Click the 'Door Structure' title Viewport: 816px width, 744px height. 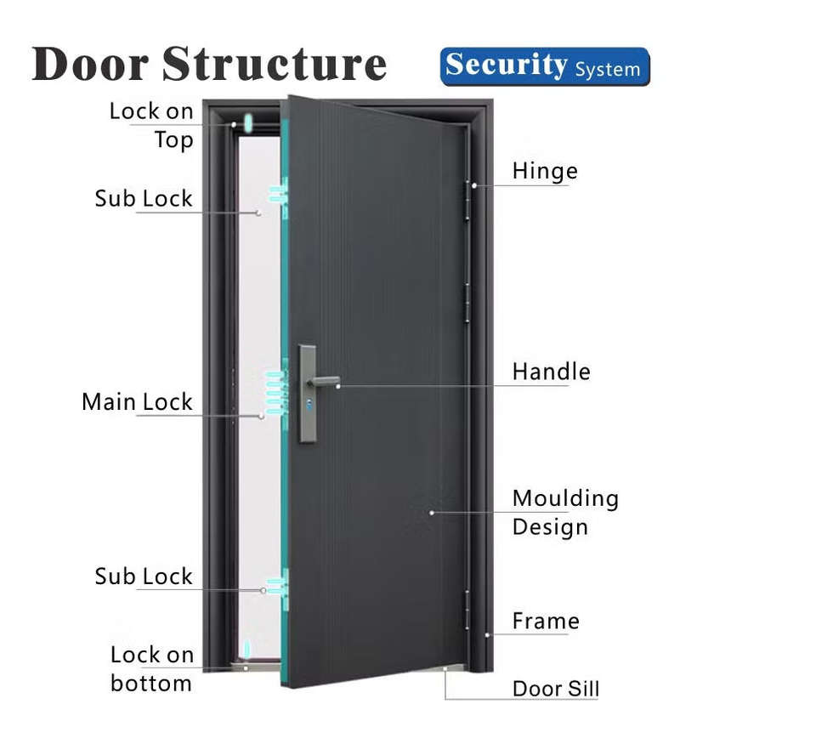click(209, 65)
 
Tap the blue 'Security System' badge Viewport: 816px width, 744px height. click(544, 66)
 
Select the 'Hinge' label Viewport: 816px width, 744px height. click(545, 171)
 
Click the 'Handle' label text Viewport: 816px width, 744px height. click(551, 372)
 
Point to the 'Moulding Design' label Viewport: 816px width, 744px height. click(565, 512)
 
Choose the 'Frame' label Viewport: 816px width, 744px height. click(546, 621)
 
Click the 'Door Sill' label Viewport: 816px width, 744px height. click(556, 688)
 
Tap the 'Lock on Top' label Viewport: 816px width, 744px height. click(152, 125)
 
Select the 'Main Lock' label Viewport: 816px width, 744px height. click(138, 401)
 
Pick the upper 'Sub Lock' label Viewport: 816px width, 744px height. click(144, 198)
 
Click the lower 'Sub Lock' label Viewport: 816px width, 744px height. click(144, 576)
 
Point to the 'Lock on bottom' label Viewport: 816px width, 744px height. click(152, 668)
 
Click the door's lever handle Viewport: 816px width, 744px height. click(323, 380)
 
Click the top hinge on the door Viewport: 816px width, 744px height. click(467, 200)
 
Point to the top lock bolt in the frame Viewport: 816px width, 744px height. click(247, 123)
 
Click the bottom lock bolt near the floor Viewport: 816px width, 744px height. click(246, 650)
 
